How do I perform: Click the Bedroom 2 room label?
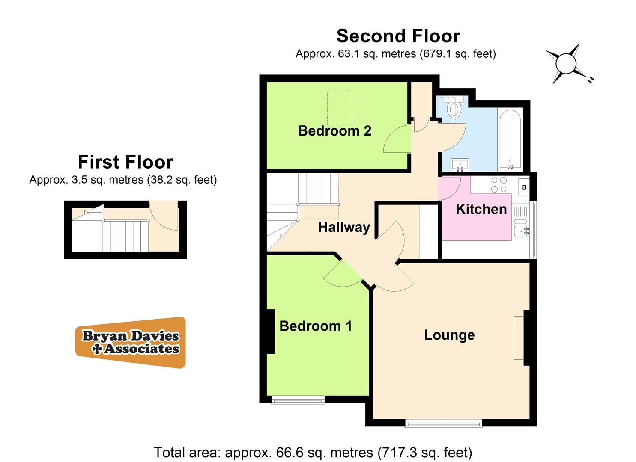[334, 131]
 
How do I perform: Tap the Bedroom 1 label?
[316, 326]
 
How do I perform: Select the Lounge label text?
[449, 335]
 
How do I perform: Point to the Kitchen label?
[481, 209]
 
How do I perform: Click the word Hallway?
[344, 227]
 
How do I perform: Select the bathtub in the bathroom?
[510, 139]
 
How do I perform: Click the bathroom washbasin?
[460, 164]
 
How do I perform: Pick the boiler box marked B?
[524, 187]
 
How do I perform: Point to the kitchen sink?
[520, 231]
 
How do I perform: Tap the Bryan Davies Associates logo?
[131, 343]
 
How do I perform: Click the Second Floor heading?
[398, 36]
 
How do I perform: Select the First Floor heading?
[125, 162]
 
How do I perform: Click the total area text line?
[313, 452]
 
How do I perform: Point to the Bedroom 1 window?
[298, 400]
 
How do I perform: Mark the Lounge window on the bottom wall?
[443, 423]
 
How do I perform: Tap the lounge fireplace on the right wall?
[519, 338]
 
